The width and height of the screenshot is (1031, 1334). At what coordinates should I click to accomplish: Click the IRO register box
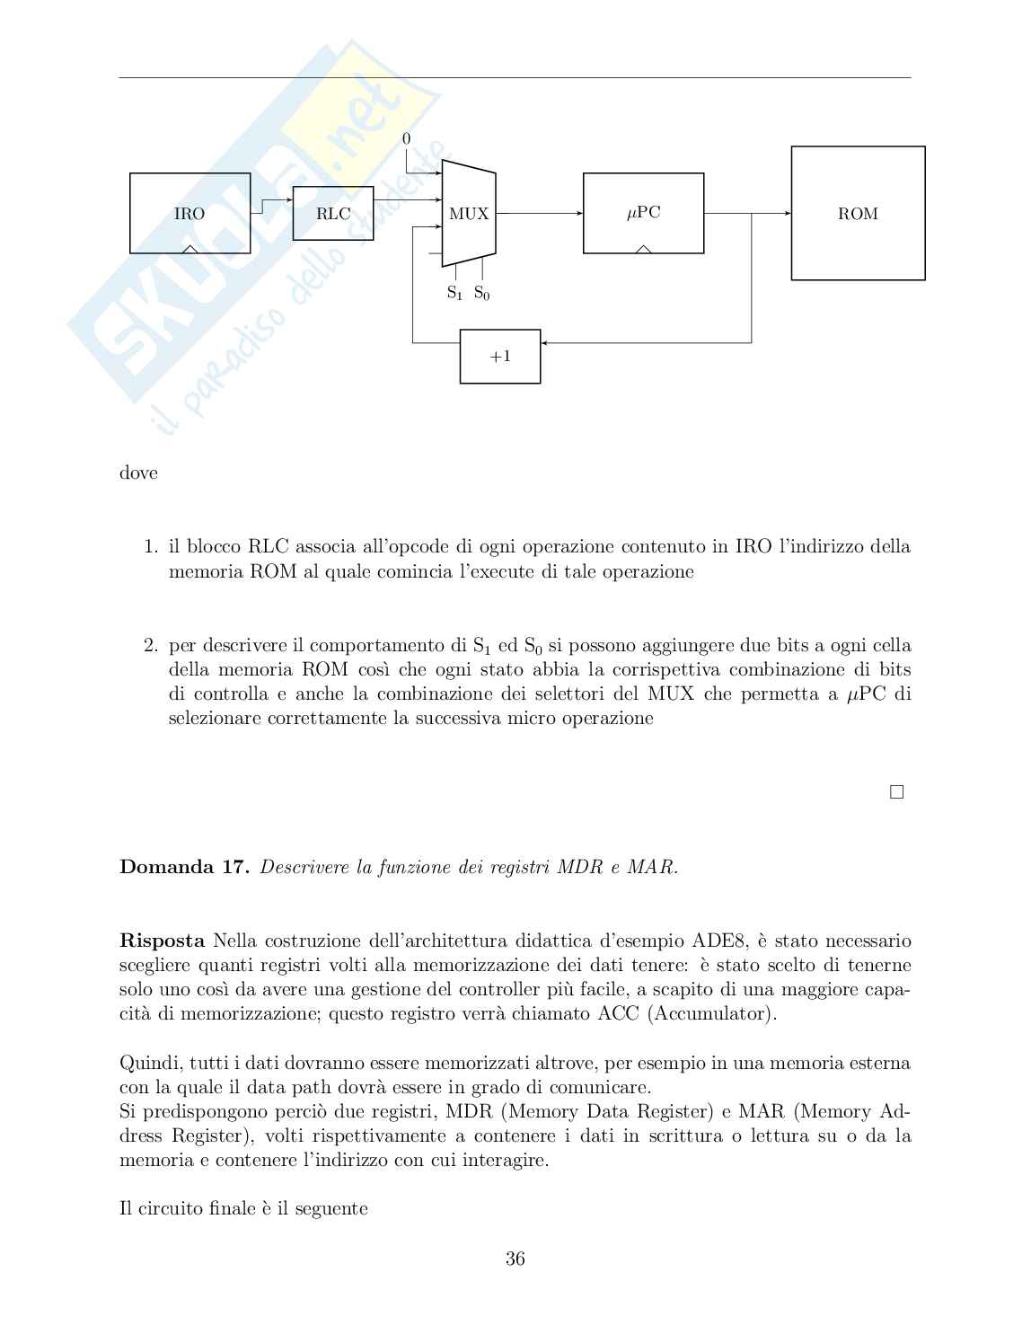[189, 213]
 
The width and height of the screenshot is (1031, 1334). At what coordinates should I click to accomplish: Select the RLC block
[332, 213]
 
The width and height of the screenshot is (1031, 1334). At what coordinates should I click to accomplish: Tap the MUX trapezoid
[469, 214]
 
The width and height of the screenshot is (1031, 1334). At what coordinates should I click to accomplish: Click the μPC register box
[643, 213]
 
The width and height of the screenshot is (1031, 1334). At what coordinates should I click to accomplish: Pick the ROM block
[858, 214]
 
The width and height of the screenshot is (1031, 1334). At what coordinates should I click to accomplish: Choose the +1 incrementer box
[500, 357]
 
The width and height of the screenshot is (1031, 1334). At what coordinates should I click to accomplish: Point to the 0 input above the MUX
[406, 139]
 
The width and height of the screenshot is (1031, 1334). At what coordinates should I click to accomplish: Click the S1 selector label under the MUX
[454, 293]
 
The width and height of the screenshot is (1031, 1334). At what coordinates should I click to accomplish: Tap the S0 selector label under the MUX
[482, 293]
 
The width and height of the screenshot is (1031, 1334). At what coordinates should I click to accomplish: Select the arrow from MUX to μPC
[539, 214]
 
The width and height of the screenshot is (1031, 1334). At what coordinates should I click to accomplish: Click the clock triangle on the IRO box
[189, 249]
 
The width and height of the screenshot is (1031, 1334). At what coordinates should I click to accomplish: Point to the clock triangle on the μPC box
[643, 249]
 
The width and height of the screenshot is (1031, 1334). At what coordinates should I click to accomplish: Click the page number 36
[515, 1259]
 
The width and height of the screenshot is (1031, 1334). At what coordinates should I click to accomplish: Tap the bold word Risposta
[162, 941]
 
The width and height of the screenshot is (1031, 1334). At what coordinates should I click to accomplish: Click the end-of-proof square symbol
[895, 792]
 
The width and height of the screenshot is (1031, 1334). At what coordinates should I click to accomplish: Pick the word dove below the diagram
[138, 473]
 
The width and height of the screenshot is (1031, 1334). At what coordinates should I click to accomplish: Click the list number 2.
[151, 645]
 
